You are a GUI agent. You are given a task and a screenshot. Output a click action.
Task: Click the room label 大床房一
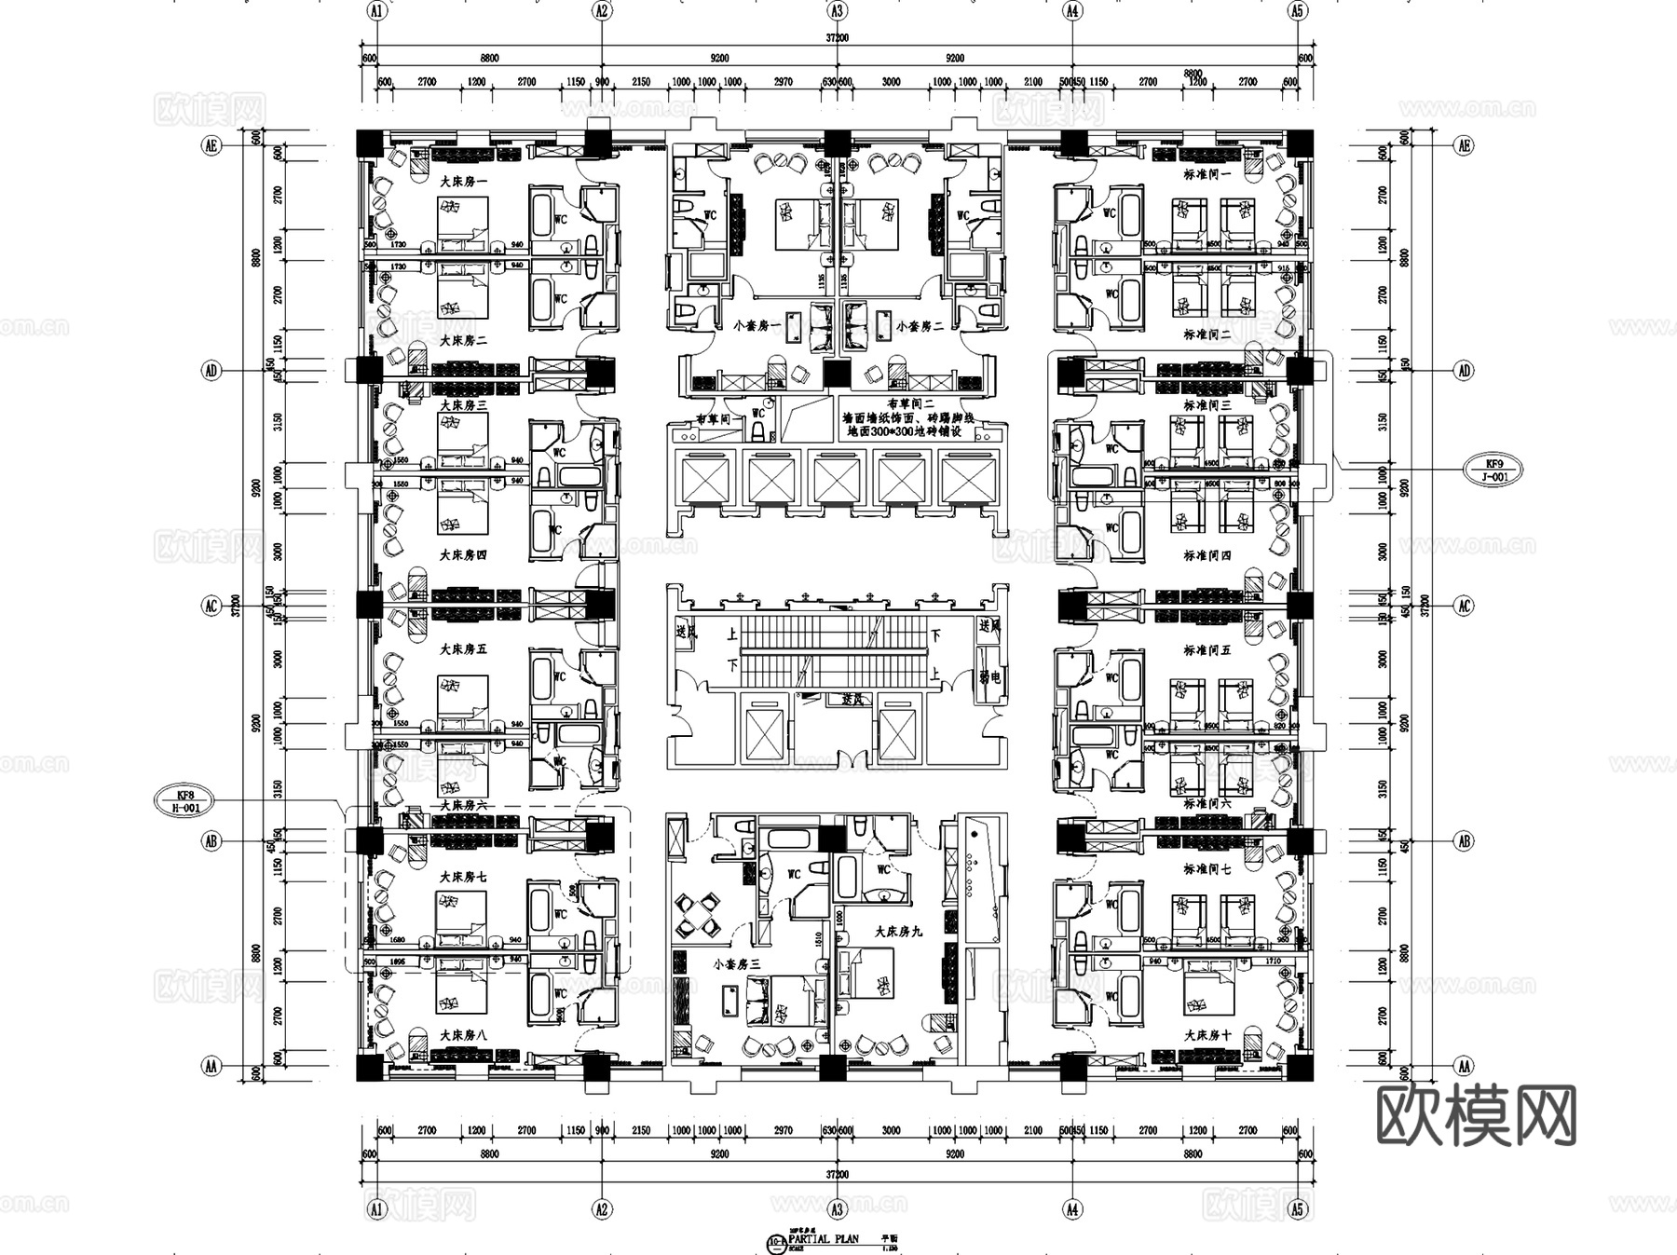point(463,181)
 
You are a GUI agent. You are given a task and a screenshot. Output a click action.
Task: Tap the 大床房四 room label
point(463,555)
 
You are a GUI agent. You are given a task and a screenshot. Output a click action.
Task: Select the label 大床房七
point(463,877)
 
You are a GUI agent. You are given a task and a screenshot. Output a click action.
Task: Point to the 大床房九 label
point(898,931)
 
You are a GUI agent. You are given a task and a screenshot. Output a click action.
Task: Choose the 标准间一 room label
point(1207,174)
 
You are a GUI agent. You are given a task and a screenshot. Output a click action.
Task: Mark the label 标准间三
point(1207,405)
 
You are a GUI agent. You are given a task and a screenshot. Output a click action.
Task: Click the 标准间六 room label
point(1207,803)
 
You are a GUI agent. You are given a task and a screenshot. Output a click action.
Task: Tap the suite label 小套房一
point(757,327)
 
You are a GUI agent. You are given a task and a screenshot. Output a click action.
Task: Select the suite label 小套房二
point(920,327)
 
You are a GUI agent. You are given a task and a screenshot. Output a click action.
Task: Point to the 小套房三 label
point(738,965)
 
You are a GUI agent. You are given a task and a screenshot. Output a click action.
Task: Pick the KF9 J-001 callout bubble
point(1493,469)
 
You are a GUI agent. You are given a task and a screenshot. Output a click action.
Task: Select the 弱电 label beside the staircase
point(989,677)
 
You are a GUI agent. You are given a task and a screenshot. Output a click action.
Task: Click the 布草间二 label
point(910,404)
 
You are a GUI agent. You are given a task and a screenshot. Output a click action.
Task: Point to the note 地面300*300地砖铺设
point(908,432)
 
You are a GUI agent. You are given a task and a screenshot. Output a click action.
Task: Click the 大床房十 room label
point(1207,1035)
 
